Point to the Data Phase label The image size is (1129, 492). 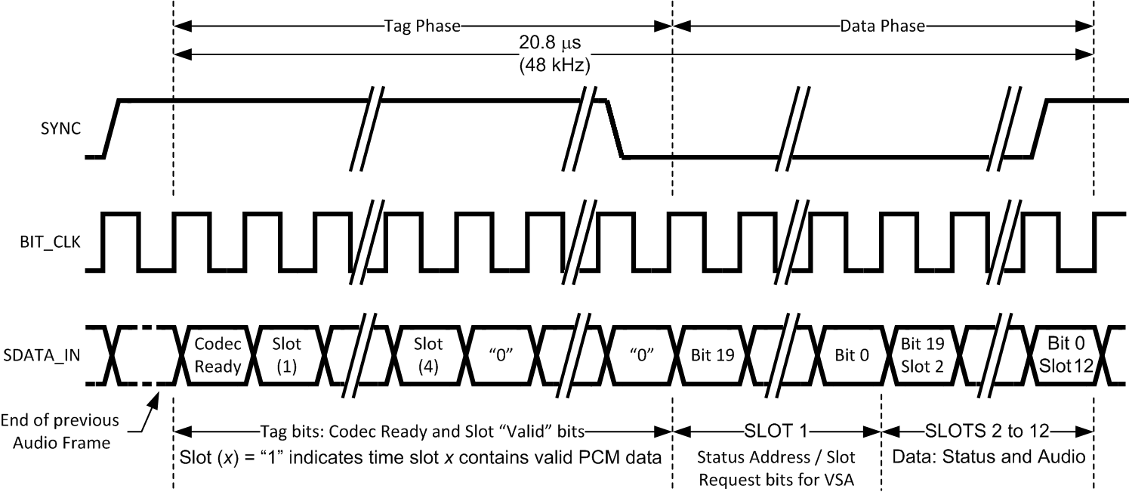882,26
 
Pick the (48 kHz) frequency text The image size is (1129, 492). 554,66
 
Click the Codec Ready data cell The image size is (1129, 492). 217,356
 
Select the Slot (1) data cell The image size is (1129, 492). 287,356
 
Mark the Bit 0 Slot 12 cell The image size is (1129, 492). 1060,356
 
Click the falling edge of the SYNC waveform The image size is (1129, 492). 614,128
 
